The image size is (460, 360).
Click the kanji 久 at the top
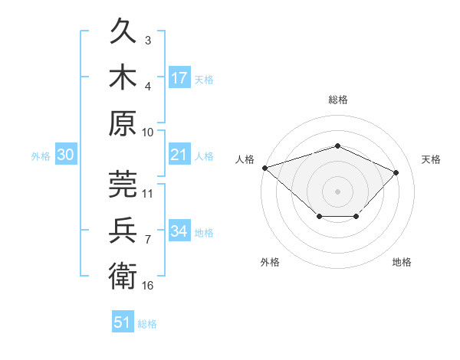pos(123,31)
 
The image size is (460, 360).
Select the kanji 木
pos(123,77)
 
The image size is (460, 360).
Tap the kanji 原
pos(123,123)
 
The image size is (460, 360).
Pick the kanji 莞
pos(123,184)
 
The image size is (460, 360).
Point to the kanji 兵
pos(123,230)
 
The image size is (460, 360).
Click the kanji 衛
pos(123,276)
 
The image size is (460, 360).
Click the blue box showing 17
pos(179,77)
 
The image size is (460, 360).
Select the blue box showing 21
pos(179,154)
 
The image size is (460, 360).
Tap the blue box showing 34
pos(179,230)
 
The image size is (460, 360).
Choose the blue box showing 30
pos(66,154)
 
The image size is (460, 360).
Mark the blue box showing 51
pos(123,321)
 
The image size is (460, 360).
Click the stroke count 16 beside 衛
pos(147,286)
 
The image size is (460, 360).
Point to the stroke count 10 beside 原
pos(147,133)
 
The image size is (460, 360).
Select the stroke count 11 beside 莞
pos(147,194)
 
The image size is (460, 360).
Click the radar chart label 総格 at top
pos(338,100)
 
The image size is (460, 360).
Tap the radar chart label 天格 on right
pos(431,159)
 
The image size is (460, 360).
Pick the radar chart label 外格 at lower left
pos(270,262)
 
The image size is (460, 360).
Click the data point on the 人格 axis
pos(265,168)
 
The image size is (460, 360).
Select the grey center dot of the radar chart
pos(337,191)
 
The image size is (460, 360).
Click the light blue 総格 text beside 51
pos(147,324)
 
